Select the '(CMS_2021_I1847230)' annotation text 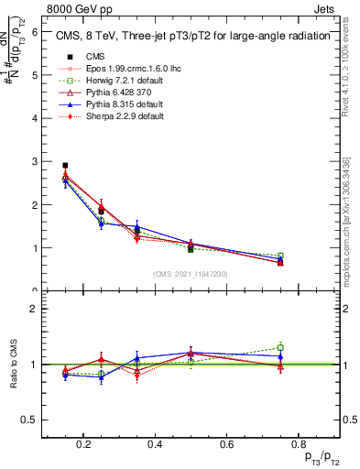point(191,273)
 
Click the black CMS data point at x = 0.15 point(64,166)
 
